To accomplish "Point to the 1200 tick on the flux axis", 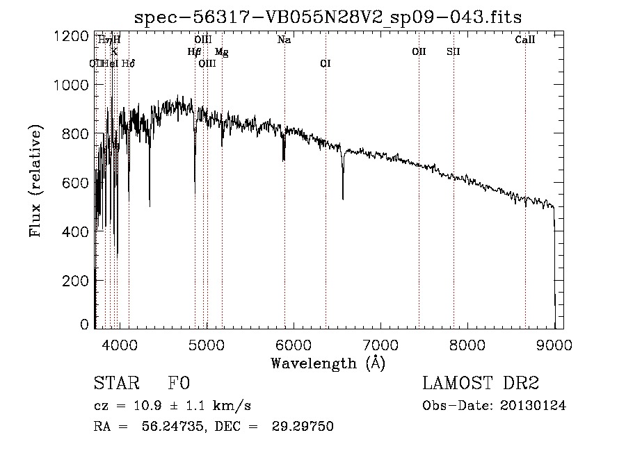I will [72, 36].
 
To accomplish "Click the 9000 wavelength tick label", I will [555, 343].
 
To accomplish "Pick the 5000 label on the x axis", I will [207, 343].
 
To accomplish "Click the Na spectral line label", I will [284, 40].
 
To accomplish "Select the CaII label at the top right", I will [525, 40].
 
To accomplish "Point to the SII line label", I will [453, 51].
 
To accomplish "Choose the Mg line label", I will [221, 51].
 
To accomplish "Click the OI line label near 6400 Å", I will [326, 63].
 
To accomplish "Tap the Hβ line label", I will [194, 51].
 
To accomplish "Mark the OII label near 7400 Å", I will [419, 51].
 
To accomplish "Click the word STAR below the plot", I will [115, 384].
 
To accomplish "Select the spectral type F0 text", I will [178, 384].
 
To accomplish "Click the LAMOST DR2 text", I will [481, 384].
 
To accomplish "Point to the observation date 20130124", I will [533, 406].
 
